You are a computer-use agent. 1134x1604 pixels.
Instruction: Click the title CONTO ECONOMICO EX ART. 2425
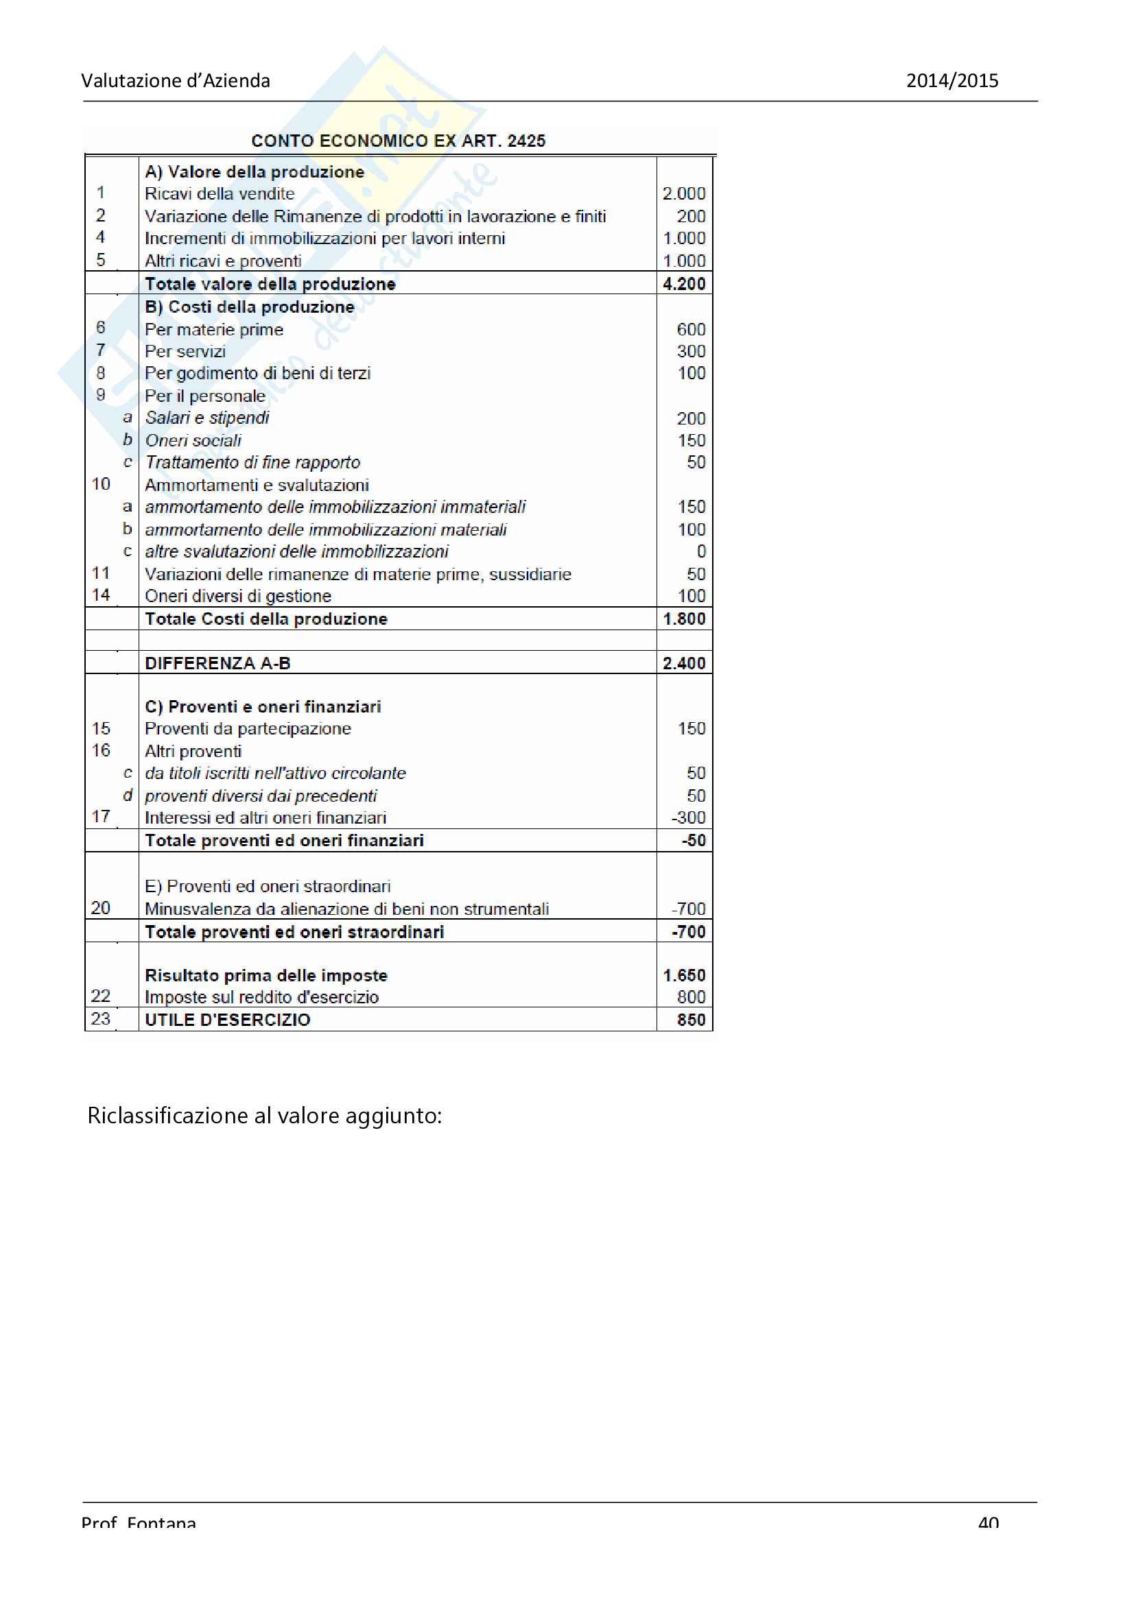[x=399, y=141]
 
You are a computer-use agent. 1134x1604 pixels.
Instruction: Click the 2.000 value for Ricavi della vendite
[x=683, y=193]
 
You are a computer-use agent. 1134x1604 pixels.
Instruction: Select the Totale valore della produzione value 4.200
[x=683, y=284]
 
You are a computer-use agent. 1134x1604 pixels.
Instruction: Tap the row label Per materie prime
[x=214, y=329]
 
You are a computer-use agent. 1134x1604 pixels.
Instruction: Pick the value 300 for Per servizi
[x=690, y=351]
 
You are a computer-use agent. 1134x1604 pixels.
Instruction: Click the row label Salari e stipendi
[x=206, y=418]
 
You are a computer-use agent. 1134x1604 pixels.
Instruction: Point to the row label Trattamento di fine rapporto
[x=252, y=462]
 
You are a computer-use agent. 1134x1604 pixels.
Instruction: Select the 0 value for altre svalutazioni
[x=701, y=551]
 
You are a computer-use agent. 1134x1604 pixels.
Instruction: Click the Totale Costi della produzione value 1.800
[x=683, y=619]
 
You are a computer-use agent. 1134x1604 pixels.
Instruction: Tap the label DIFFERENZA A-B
[x=217, y=663]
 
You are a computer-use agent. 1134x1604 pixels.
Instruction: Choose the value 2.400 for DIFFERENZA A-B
[x=683, y=663]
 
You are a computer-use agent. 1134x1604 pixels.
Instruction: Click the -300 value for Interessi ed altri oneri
[x=688, y=817]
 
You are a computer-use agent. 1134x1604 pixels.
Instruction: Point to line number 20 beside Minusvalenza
[x=101, y=908]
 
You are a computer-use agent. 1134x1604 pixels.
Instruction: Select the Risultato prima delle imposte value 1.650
[x=683, y=975]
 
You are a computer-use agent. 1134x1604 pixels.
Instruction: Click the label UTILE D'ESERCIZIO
[x=227, y=1020]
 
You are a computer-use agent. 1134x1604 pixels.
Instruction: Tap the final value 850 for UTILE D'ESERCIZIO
[x=690, y=1020]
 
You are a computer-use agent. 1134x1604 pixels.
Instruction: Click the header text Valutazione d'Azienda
[x=176, y=81]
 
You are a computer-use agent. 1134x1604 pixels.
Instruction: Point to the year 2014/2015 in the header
[x=952, y=81]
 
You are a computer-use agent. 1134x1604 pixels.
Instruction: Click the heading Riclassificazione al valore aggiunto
[x=264, y=1116]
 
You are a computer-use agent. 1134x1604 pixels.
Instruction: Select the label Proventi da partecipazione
[x=248, y=729]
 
